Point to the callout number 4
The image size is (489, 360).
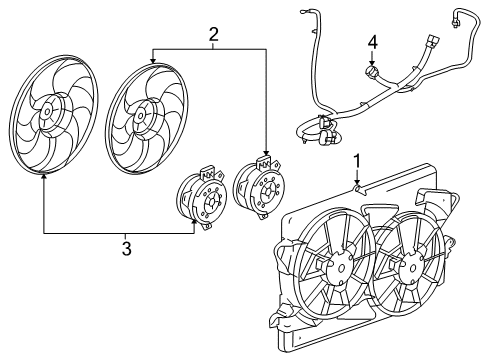372,43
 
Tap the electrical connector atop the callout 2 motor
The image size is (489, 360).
265,159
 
